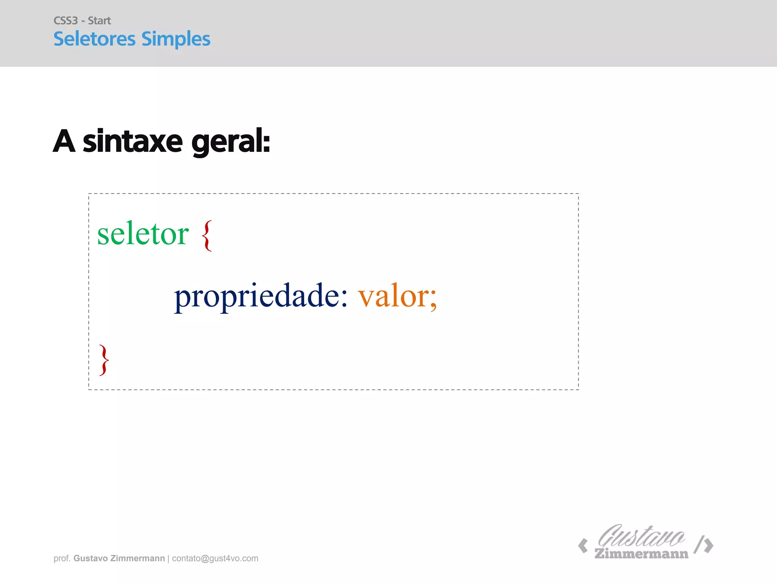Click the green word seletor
[x=143, y=234]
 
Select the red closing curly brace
[x=104, y=360]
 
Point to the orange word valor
[x=393, y=296]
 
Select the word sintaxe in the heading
[x=133, y=142]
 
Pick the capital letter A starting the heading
[x=64, y=141]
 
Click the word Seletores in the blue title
[x=94, y=39]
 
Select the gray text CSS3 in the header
[x=66, y=20]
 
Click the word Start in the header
[x=99, y=20]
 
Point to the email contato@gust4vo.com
[x=215, y=558]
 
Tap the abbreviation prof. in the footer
[x=62, y=558]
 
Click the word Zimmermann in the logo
[x=641, y=554]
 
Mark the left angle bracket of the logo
[x=583, y=546]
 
